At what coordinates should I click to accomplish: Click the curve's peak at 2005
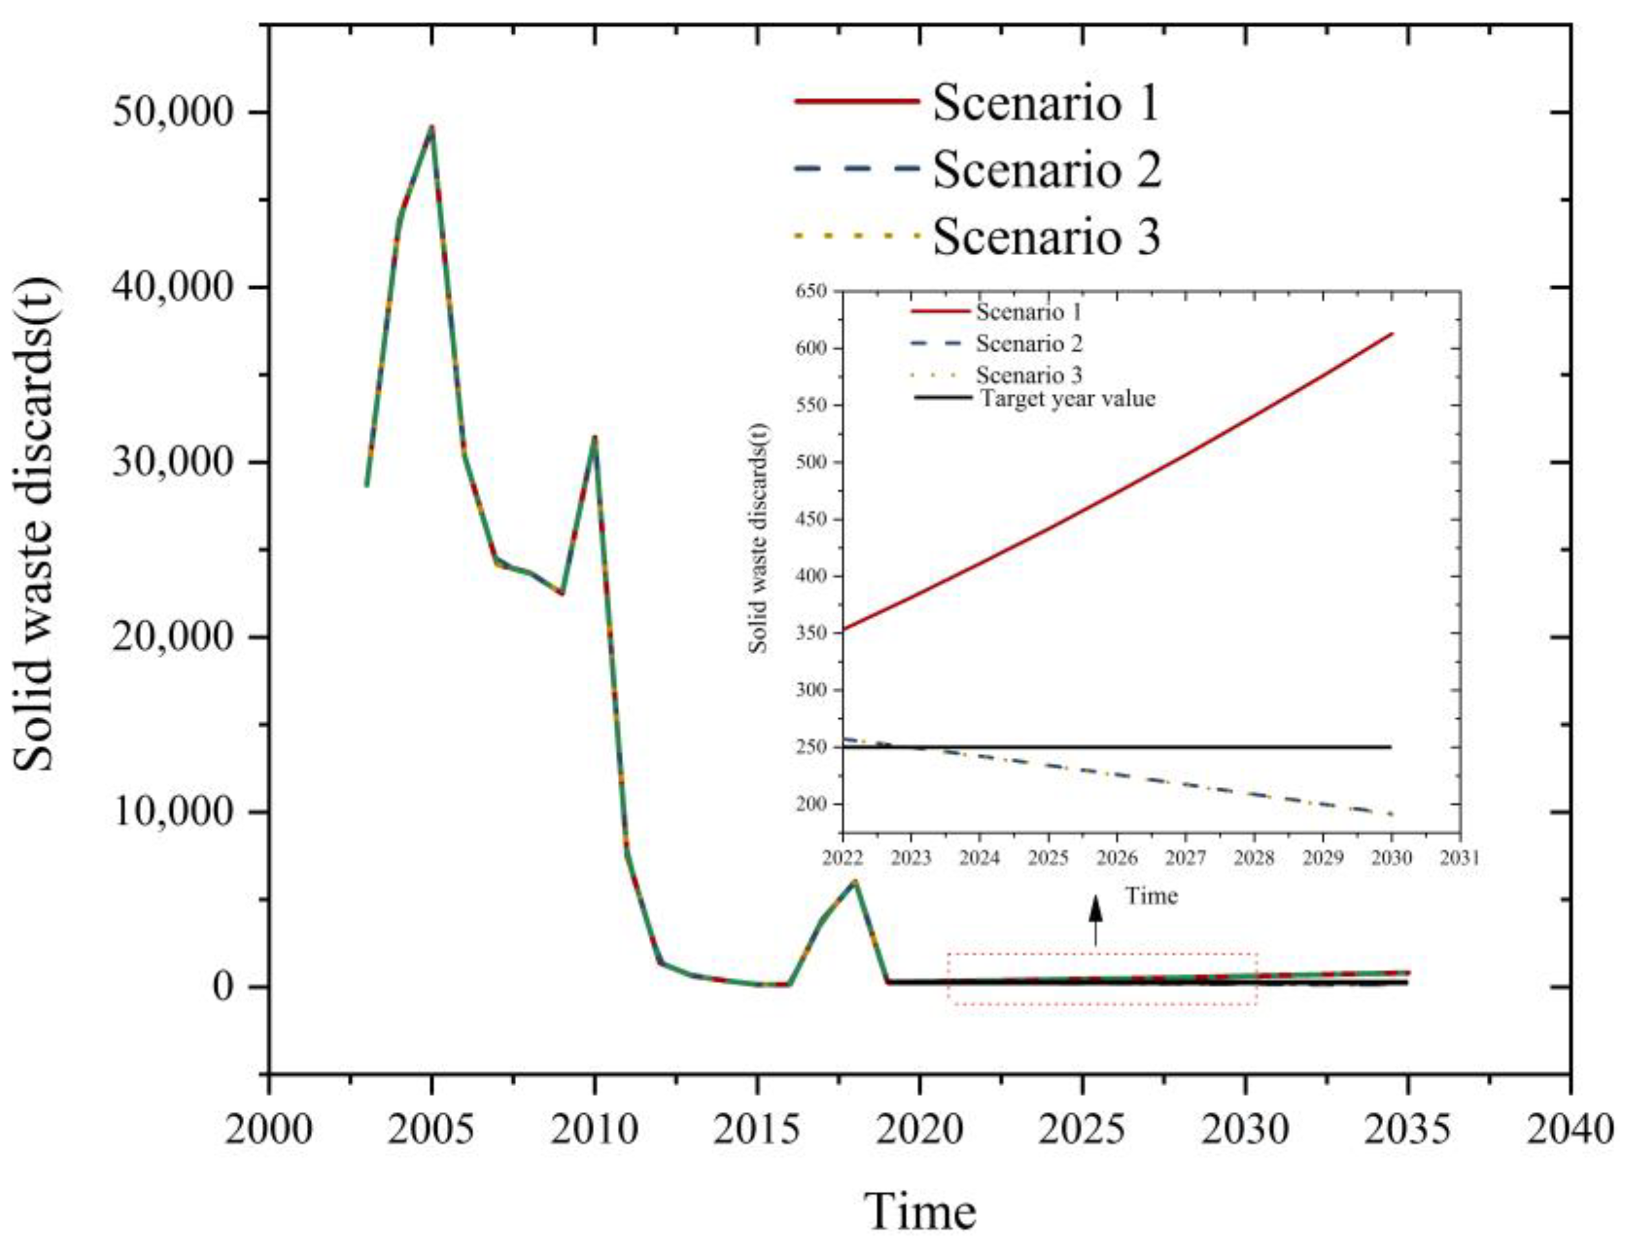tap(432, 127)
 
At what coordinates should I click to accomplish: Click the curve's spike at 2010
tap(594, 437)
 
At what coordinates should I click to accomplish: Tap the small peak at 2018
tap(855, 881)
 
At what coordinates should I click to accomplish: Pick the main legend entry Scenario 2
tap(1046, 169)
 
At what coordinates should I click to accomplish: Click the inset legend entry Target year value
tap(1068, 399)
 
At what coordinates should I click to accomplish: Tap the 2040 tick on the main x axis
tap(1571, 1073)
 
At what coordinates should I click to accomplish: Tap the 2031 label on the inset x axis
tap(1460, 858)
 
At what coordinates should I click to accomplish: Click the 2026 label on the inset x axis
tap(1116, 858)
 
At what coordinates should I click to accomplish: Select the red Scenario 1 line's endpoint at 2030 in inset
tap(1392, 334)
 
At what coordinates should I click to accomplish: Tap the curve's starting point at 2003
tap(367, 485)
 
